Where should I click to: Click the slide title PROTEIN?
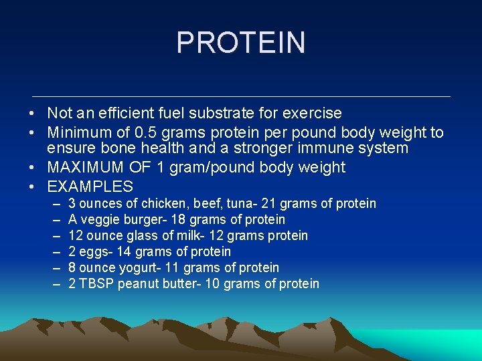(x=241, y=43)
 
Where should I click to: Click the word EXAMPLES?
(x=90, y=187)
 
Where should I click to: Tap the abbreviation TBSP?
(x=96, y=284)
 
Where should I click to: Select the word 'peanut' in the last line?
(x=136, y=284)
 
